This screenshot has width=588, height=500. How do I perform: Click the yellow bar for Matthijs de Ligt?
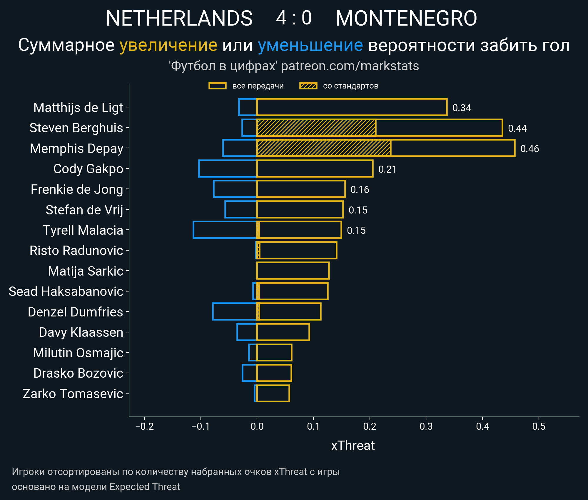352,107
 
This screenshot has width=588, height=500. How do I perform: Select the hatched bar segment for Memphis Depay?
323,148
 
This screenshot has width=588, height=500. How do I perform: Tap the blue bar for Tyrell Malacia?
225,230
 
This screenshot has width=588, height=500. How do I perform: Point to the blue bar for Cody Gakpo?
228,169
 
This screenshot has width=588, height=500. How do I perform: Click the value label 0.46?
529,149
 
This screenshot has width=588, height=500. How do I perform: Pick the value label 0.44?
517,128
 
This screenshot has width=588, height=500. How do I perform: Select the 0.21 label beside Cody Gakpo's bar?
387,169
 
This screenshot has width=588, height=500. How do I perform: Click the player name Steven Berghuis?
76,128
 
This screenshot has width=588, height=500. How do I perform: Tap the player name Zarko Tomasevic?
73,394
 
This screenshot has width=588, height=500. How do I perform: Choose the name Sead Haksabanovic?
66,291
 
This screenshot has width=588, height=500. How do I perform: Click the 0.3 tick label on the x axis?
426,426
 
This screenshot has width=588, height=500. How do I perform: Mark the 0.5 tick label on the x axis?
539,426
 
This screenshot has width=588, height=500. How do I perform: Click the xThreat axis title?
353,446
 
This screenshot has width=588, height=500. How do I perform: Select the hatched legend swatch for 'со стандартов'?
308,86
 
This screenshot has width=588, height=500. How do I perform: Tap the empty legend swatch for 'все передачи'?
217,86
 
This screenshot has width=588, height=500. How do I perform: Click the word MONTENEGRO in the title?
406,18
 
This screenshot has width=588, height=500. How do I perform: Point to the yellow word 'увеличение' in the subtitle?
168,45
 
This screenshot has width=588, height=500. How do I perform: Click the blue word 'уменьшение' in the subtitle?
310,45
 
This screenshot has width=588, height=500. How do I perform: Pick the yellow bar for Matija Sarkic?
293,271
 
